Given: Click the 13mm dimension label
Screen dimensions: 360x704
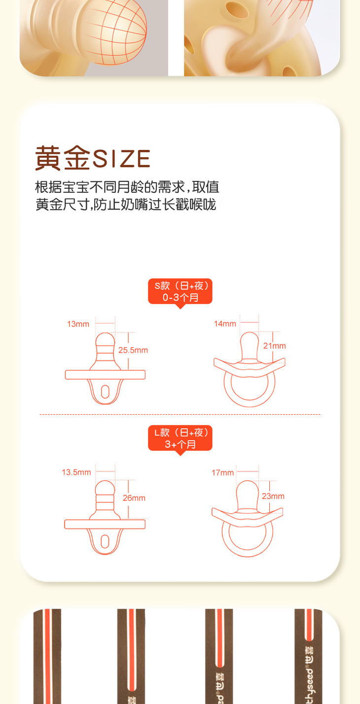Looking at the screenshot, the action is click(78, 324).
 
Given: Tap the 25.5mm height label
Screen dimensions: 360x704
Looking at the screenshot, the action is click(133, 350).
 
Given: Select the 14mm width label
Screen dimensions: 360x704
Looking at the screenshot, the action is click(225, 324).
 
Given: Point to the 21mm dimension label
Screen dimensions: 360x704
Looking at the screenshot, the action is click(274, 346).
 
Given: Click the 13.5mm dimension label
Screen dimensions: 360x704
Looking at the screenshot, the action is click(76, 472).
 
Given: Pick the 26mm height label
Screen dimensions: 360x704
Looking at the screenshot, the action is click(134, 498).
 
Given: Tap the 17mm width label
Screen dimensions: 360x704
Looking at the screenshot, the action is click(223, 472).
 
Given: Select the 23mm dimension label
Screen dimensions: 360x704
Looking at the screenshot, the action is click(273, 496).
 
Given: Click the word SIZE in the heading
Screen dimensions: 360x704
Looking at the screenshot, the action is click(121, 158).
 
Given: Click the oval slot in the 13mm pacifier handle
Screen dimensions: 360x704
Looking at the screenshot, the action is click(105, 392).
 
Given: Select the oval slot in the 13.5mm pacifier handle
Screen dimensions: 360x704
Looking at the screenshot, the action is click(105, 541).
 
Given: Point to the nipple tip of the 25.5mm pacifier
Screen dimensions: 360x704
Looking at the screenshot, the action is click(105, 340).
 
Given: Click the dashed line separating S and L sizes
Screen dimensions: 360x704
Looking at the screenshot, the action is click(180, 414).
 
